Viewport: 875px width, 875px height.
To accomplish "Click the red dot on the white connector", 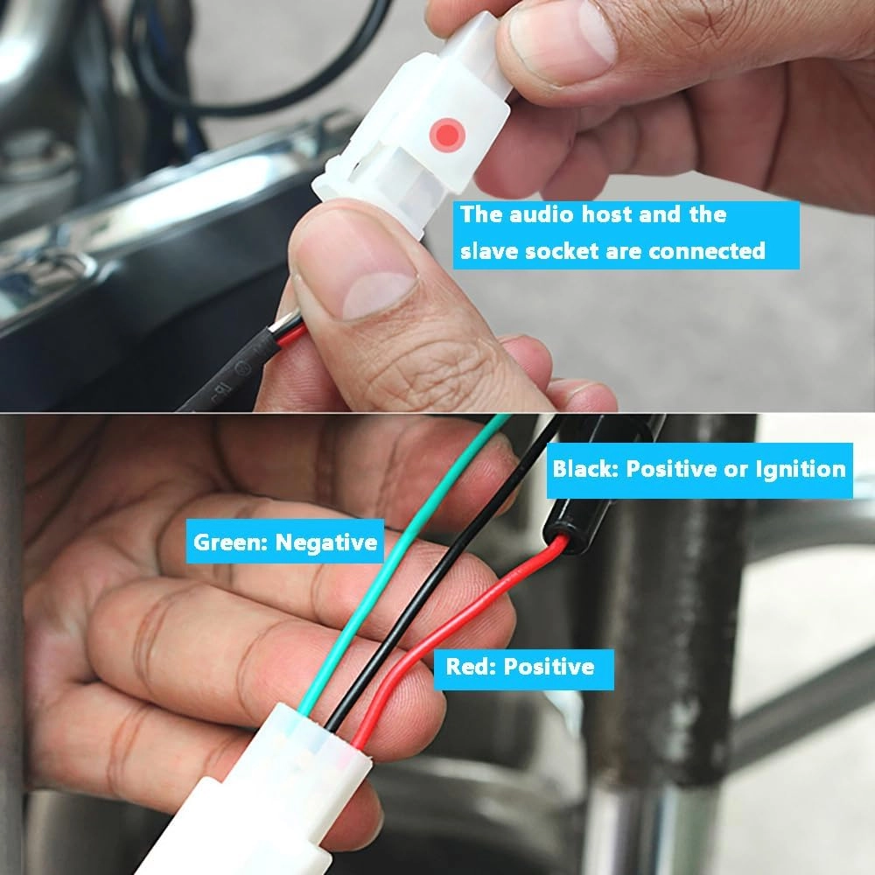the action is (x=447, y=135).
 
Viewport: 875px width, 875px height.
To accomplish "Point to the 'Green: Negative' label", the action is (x=285, y=542).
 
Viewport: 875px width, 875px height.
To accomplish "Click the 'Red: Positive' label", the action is (x=523, y=668).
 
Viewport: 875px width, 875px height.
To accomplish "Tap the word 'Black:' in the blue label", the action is (x=585, y=468).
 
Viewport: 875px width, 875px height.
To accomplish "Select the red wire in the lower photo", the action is (x=446, y=636).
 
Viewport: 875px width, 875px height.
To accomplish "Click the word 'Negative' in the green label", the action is (x=326, y=542).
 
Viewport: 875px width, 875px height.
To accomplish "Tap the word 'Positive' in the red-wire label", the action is (x=549, y=668).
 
